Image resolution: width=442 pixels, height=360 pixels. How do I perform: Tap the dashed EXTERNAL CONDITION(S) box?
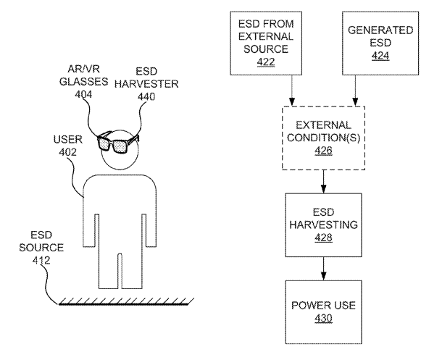[321, 137]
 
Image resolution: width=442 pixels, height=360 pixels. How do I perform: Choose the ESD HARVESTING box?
[321, 225]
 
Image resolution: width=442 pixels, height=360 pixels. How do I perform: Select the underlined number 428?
[321, 237]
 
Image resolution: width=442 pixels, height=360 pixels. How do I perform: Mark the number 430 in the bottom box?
[321, 319]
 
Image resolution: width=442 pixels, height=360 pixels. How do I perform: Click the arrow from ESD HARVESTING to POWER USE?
[321, 269]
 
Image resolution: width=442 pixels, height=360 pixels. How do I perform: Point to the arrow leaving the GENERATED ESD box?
[354, 91]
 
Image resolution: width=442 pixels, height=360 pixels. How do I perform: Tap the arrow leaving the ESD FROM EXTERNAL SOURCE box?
[291, 91]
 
